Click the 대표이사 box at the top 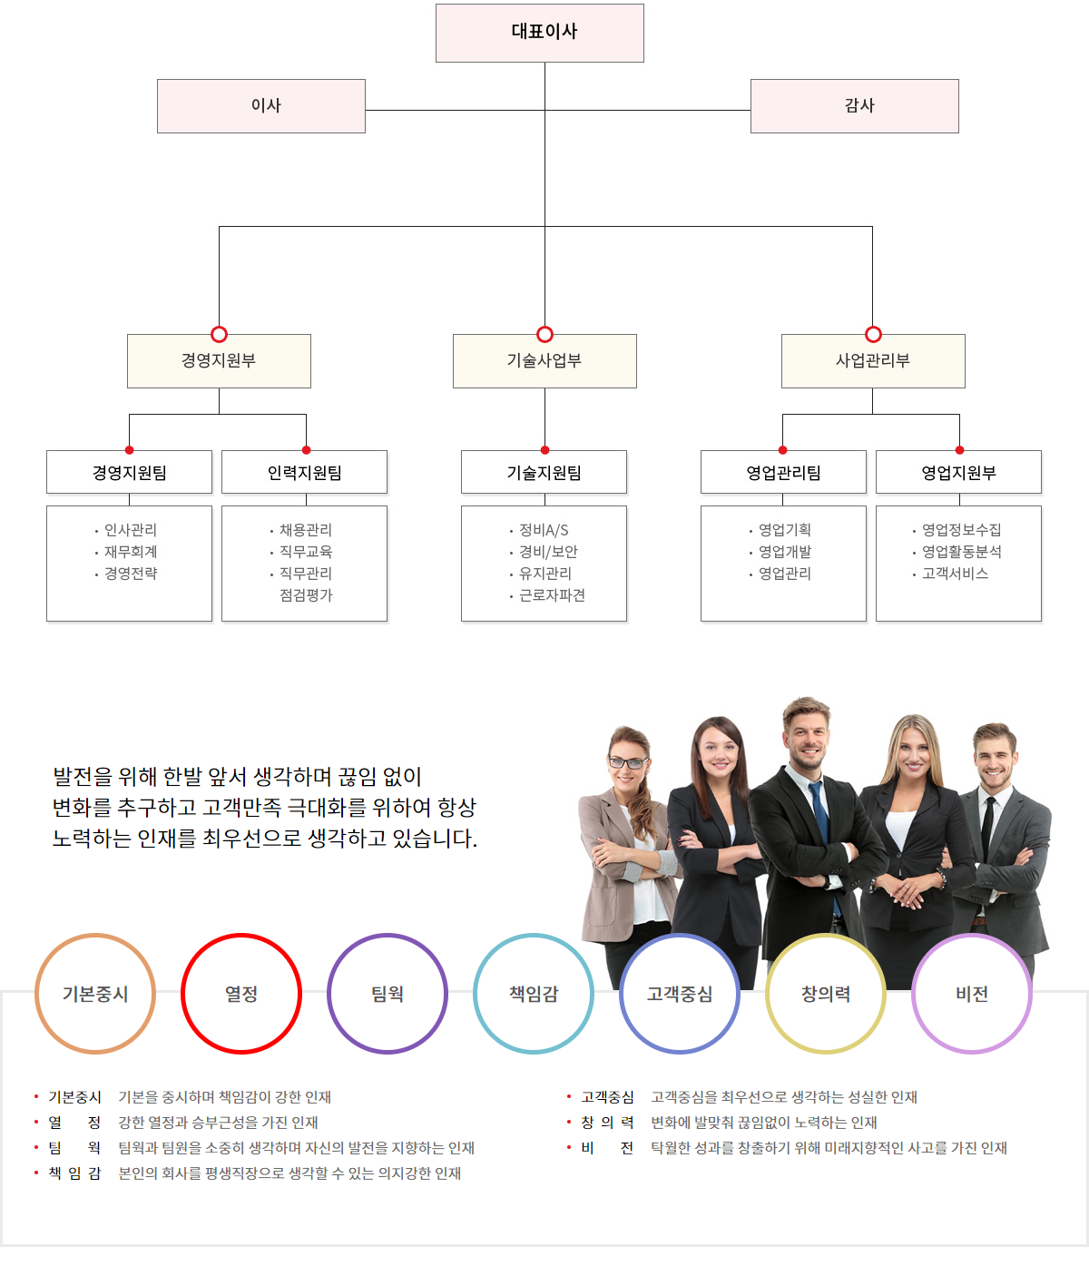[x=540, y=33]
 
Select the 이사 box [x=261, y=106]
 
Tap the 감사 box [x=855, y=106]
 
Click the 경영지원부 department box [x=219, y=361]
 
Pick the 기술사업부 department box [x=544, y=361]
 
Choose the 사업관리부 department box [x=873, y=361]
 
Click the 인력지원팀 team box [x=304, y=472]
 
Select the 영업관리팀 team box [x=783, y=472]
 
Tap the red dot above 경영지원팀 [x=129, y=450]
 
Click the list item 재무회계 [x=131, y=552]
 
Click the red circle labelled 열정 [x=241, y=936]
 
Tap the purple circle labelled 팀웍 [x=388, y=936]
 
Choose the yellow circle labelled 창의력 [x=826, y=936]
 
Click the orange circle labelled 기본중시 [x=95, y=936]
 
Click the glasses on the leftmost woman [x=627, y=763]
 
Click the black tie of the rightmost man [x=987, y=827]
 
